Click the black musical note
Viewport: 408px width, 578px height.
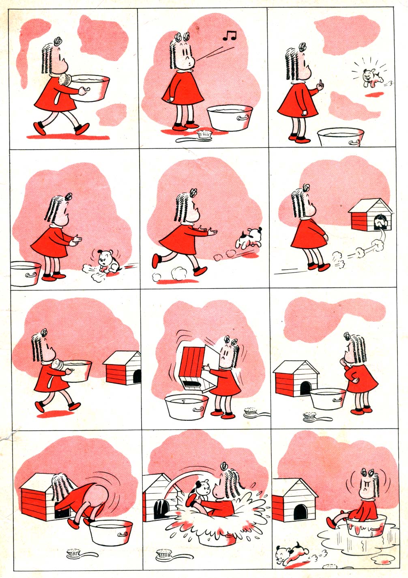coord(230,36)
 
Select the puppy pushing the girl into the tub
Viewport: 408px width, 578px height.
coord(202,488)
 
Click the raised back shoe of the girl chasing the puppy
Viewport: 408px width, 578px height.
coord(156,261)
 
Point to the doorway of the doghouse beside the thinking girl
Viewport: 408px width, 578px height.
coord(305,388)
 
